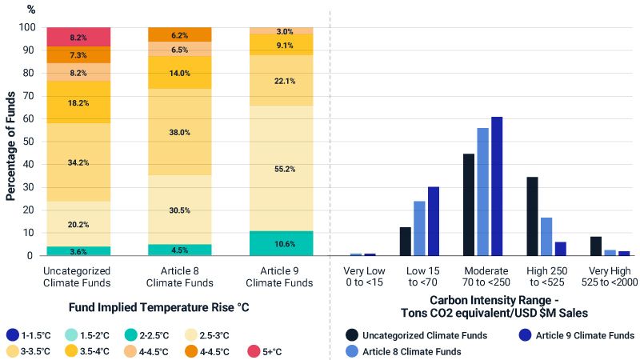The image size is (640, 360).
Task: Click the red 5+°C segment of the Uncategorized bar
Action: (x=78, y=37)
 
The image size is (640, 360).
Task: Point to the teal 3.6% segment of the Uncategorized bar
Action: (x=78, y=251)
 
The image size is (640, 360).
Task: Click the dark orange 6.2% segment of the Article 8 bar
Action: (x=180, y=34)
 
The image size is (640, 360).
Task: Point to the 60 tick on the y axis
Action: (x=29, y=118)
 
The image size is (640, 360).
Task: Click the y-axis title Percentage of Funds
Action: (x=10, y=142)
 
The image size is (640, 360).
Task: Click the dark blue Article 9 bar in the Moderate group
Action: (x=497, y=186)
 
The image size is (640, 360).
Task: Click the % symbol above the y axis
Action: (x=31, y=10)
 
